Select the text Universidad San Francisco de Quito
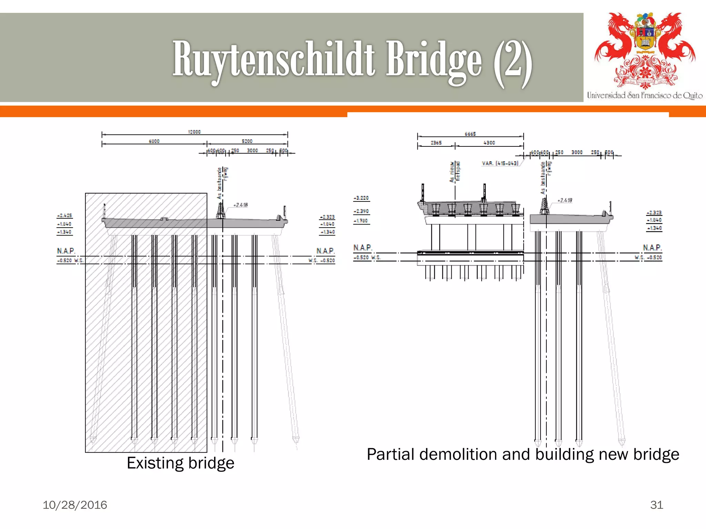point(645,95)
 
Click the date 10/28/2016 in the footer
point(75,505)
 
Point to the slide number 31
point(656,505)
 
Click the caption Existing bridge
point(180,463)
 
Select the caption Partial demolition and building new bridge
point(523,454)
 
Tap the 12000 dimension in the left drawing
point(194,132)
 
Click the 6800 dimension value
point(154,141)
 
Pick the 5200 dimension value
point(247,141)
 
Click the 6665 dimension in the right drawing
point(470,134)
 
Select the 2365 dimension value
point(436,143)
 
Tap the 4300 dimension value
point(489,143)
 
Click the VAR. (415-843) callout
point(500,163)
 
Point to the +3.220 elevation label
point(361,198)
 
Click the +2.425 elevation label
point(64,216)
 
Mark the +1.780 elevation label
point(361,221)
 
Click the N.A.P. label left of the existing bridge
point(66,251)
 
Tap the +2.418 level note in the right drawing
point(565,200)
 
